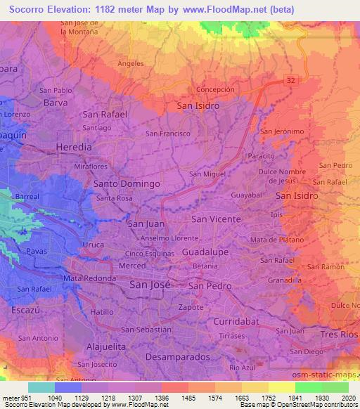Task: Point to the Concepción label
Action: pyautogui.click(x=215, y=90)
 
